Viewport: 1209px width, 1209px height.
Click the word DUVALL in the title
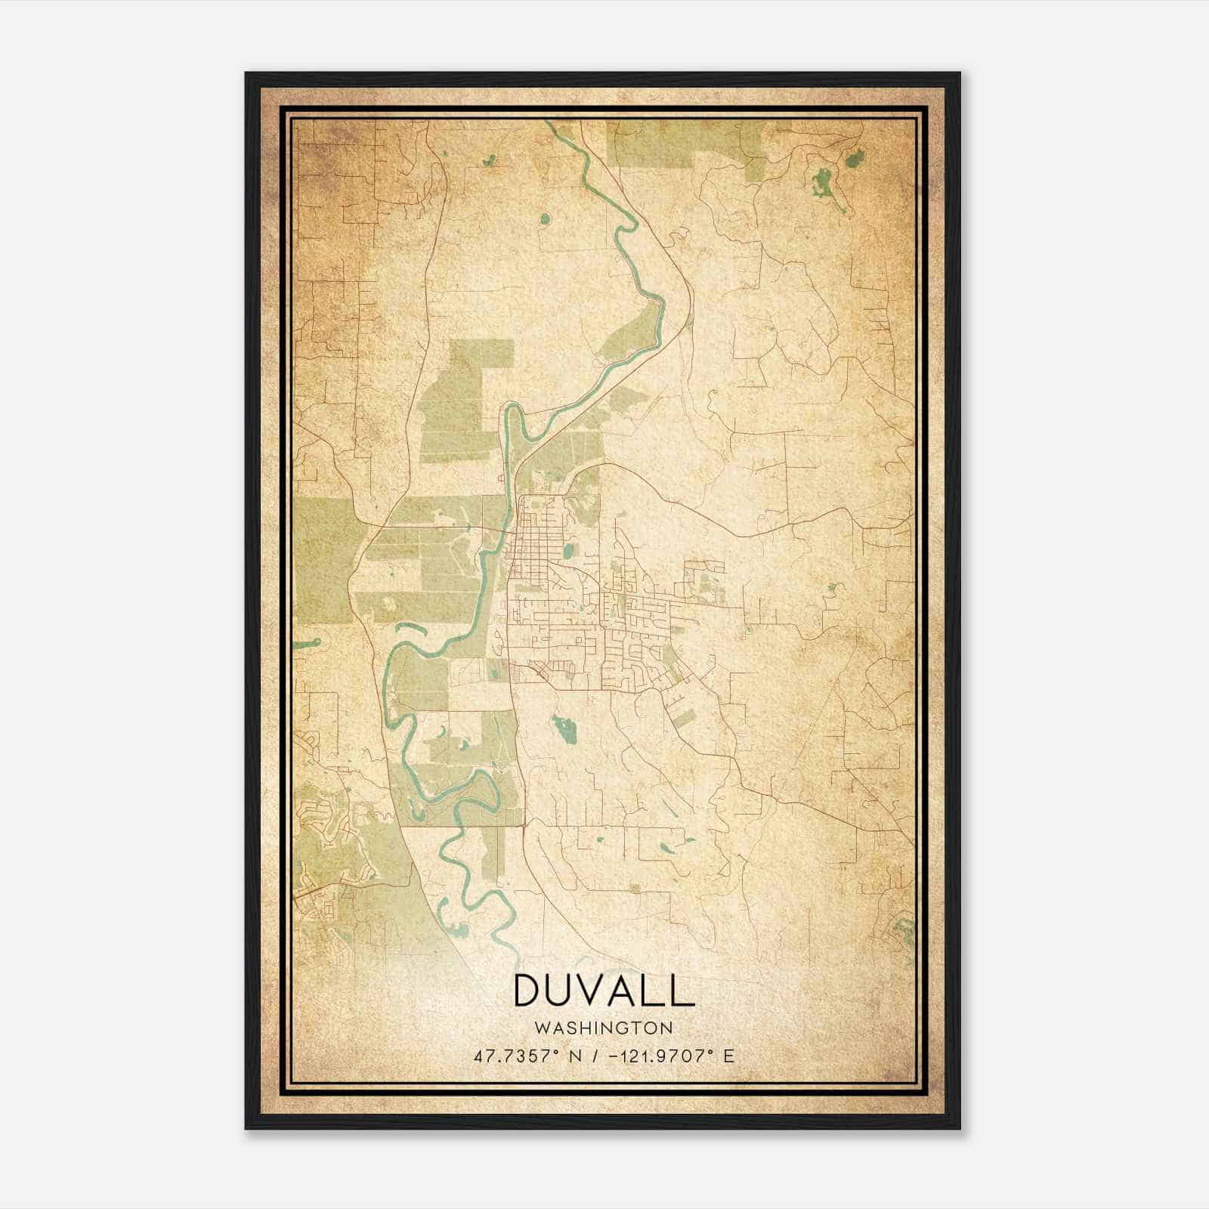[x=604, y=990]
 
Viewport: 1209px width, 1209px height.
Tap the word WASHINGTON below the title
[x=604, y=1028]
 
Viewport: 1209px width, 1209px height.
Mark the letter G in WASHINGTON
[x=623, y=1028]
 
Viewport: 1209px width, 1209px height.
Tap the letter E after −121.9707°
[x=728, y=1056]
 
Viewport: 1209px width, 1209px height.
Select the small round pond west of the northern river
[x=545, y=220]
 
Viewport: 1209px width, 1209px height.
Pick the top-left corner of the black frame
[x=247, y=74]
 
